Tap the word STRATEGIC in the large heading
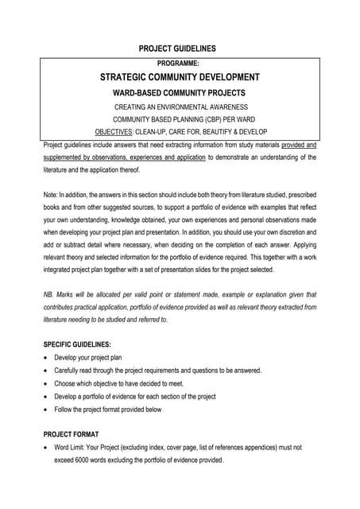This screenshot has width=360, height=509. pos(129,77)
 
